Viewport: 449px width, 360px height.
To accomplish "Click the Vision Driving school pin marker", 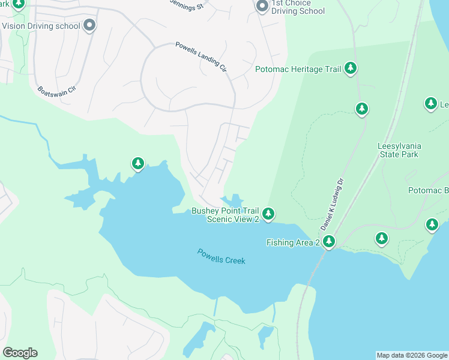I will tap(89, 25).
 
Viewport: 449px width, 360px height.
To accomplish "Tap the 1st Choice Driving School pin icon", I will tap(262, 7).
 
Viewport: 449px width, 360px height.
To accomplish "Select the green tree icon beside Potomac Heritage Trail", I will tap(351, 69).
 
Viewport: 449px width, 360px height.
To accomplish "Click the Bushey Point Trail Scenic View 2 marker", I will tap(268, 214).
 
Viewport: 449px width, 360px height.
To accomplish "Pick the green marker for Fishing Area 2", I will tap(328, 242).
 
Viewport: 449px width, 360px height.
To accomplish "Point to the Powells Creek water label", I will tap(221, 257).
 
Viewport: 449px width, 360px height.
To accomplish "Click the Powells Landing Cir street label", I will tap(200, 57).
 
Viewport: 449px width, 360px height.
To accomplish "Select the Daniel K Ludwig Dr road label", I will tap(331, 204).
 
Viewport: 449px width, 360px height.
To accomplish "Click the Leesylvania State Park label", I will tap(399, 150).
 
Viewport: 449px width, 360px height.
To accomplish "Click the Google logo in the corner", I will tap(20, 353).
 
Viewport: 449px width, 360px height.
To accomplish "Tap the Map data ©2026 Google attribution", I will tap(412, 355).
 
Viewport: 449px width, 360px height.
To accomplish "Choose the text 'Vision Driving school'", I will tap(41, 26).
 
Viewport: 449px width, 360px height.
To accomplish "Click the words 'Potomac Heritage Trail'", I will tap(298, 70).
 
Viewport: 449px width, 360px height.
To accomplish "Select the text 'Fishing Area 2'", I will tap(293, 242).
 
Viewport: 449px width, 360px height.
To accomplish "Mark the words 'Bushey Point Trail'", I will tap(225, 211).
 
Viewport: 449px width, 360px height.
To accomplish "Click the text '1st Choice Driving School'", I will tap(298, 7).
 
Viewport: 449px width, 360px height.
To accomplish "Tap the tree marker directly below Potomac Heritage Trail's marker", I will tap(361, 109).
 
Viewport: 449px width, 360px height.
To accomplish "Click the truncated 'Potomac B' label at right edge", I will tap(428, 191).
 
